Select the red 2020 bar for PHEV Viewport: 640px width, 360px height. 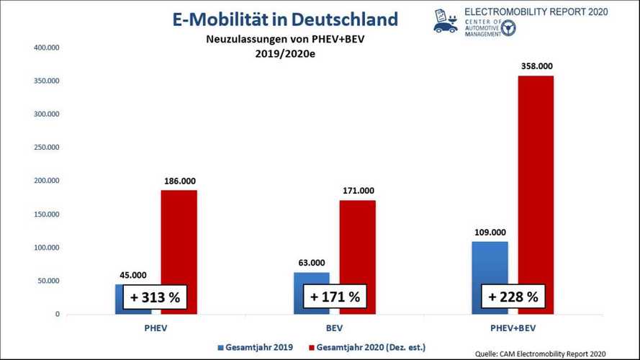179,238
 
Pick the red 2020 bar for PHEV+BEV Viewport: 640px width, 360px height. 536,180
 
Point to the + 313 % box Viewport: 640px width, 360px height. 155,297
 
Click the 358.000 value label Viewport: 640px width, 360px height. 536,66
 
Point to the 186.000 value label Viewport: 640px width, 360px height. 179,181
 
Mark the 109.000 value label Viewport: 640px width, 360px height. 490,233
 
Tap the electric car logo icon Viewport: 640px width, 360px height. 445,22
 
